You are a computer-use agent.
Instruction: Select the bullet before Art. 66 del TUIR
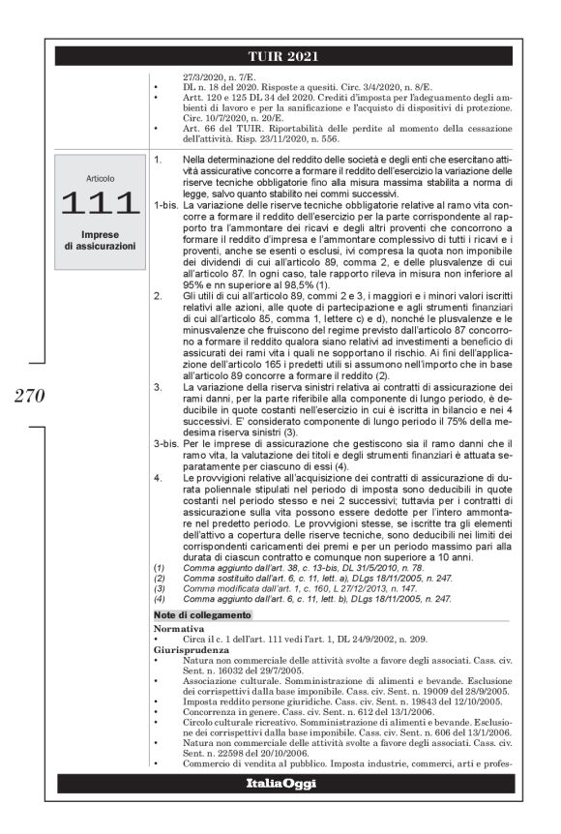pos(157,128)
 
